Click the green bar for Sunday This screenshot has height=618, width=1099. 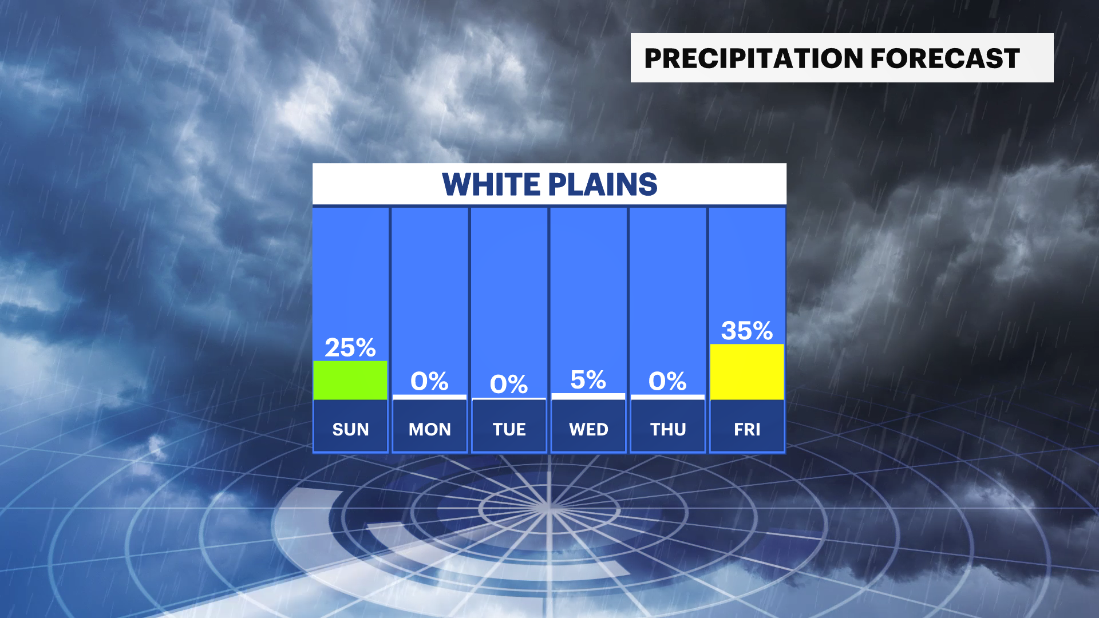click(350, 380)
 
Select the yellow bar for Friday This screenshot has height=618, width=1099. click(747, 371)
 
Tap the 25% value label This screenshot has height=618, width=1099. click(350, 347)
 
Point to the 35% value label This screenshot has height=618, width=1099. click(747, 330)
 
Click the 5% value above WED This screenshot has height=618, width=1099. click(588, 380)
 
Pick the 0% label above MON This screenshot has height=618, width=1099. click(429, 381)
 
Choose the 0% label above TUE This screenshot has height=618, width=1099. click(509, 384)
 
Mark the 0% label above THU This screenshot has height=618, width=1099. click(667, 381)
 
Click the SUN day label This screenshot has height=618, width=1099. click(350, 429)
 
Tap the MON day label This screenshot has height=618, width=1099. click(430, 429)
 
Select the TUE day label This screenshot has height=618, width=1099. click(509, 429)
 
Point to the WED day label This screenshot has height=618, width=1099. click(588, 429)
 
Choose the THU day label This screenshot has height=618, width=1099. click(668, 429)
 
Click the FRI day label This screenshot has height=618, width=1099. click(747, 429)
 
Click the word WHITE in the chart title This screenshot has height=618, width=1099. click(491, 184)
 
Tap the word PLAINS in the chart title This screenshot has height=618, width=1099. click(603, 184)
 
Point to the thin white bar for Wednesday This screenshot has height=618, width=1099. click(588, 396)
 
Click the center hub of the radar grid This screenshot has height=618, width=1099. click(548, 507)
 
